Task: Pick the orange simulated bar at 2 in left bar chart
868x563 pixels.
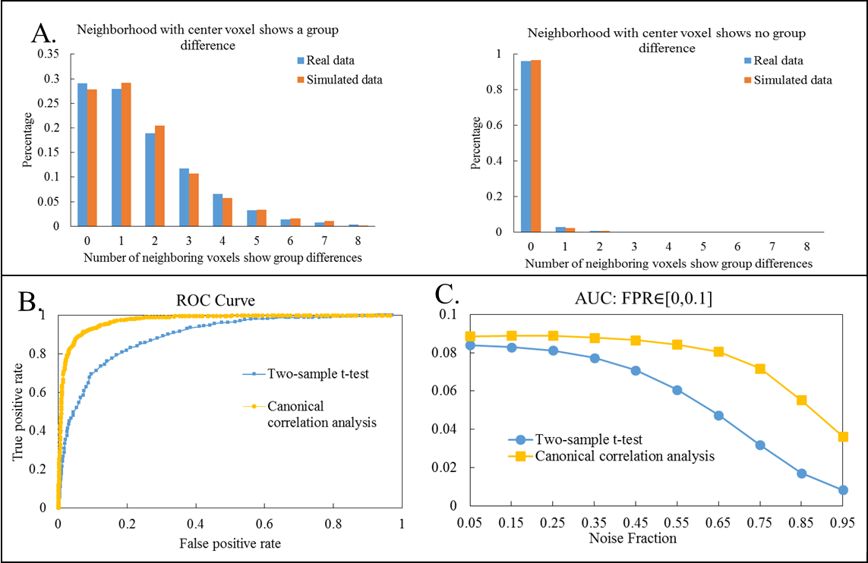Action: [158, 176]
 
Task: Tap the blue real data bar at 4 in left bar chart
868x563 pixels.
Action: [218, 209]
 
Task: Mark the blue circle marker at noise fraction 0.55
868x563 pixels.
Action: [634, 390]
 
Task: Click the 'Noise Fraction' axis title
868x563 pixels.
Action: [633, 539]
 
